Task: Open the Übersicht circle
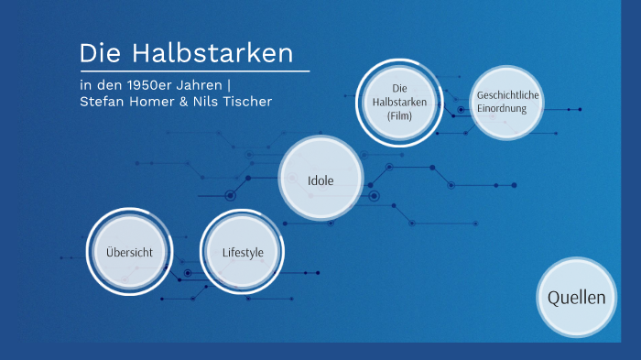[x=129, y=252]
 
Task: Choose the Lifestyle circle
[x=243, y=252]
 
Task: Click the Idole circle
[x=320, y=180]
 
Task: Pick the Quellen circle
[x=576, y=298]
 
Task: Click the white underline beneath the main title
[x=194, y=71]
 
